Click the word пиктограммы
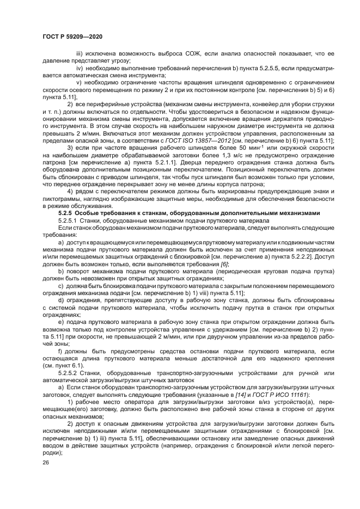60,199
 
